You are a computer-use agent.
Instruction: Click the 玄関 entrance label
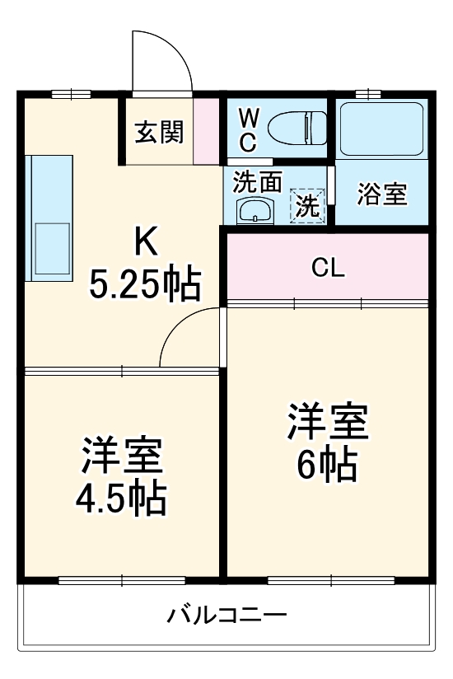click(159, 132)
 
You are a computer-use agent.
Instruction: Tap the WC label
click(248, 130)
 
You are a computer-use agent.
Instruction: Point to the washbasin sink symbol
click(255, 210)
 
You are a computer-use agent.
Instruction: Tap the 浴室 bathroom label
click(382, 194)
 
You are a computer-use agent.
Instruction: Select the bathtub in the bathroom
click(381, 128)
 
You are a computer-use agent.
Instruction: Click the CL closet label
click(328, 268)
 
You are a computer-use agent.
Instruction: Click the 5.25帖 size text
click(145, 284)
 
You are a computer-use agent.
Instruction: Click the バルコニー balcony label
click(227, 615)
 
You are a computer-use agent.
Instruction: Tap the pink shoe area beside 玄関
click(206, 130)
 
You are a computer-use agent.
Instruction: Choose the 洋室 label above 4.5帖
click(122, 456)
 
